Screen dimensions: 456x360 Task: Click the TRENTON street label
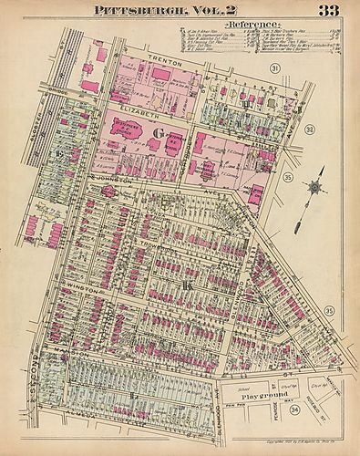[159, 59]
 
